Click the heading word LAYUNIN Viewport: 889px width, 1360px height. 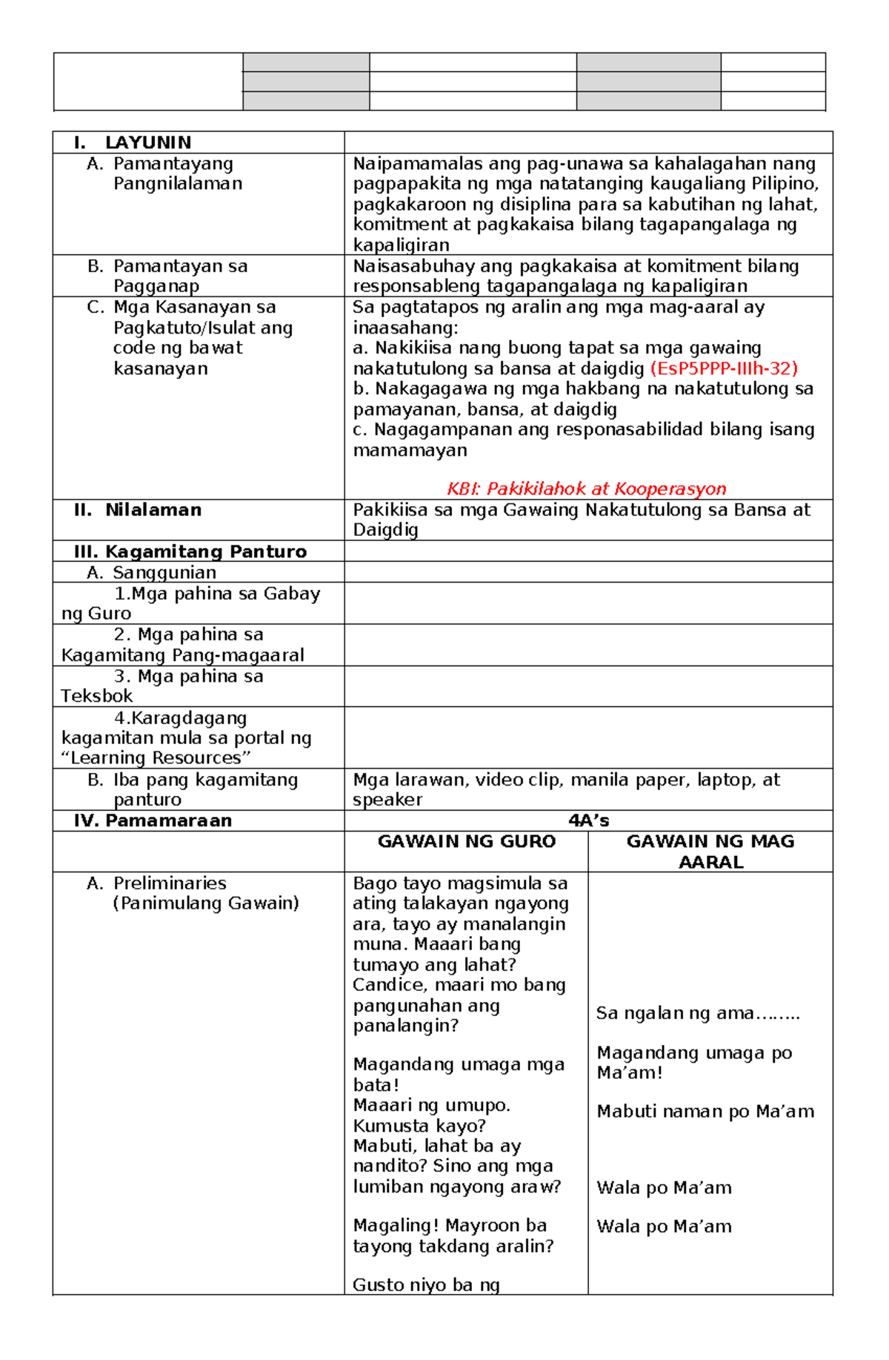click(148, 142)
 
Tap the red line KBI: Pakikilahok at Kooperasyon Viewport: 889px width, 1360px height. click(587, 488)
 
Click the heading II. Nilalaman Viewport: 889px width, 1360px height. click(138, 510)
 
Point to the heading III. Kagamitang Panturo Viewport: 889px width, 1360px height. click(190, 551)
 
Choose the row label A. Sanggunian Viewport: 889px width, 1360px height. click(152, 572)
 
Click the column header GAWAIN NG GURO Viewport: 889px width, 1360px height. click(467, 841)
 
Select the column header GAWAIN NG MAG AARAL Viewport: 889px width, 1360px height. click(710, 851)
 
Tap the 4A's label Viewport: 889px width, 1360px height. click(588, 820)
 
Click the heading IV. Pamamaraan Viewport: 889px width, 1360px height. click(153, 820)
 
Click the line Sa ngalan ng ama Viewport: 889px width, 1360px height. click(697, 1013)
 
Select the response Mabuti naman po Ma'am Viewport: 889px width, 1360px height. click(705, 1112)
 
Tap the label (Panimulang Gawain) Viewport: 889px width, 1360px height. click(206, 903)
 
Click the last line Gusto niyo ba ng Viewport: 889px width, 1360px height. click(426, 1285)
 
